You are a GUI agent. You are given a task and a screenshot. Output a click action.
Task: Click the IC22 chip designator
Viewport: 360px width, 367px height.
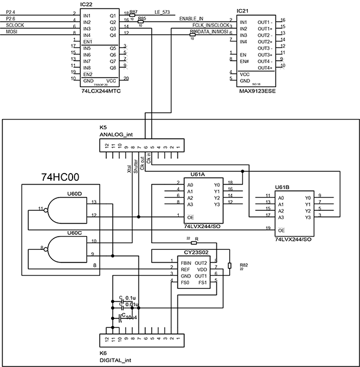click(x=85, y=4)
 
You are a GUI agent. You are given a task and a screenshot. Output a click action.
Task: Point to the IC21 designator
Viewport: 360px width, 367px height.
click(x=242, y=11)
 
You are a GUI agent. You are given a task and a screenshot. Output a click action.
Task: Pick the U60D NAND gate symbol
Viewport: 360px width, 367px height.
click(x=63, y=210)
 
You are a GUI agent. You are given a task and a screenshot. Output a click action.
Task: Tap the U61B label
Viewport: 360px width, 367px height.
click(x=281, y=188)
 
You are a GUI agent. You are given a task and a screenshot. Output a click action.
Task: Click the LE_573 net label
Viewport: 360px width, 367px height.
click(x=161, y=11)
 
